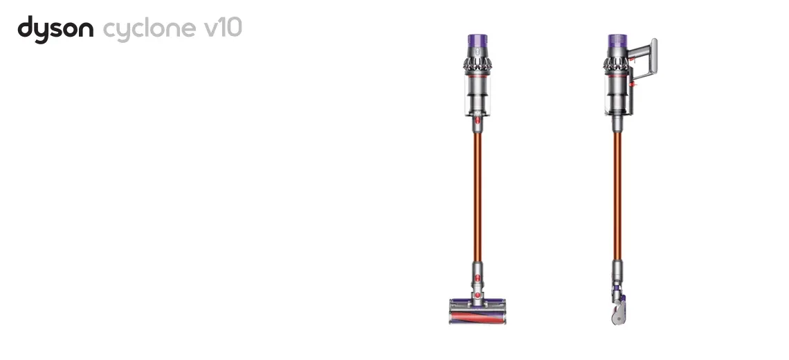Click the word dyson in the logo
pos(55,29)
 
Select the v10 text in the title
pos(223,28)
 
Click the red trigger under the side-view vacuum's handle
pos(633,60)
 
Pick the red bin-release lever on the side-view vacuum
pos(633,84)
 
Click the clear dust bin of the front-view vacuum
pos(478,96)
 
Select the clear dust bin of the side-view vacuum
pos(617,96)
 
